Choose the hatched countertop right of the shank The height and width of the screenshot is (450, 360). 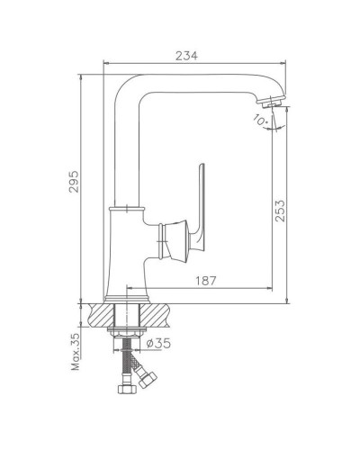click(160, 314)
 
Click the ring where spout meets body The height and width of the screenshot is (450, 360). click(126, 210)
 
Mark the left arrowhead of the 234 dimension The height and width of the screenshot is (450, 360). click(107, 64)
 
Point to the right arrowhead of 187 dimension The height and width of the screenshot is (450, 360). click(270, 290)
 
